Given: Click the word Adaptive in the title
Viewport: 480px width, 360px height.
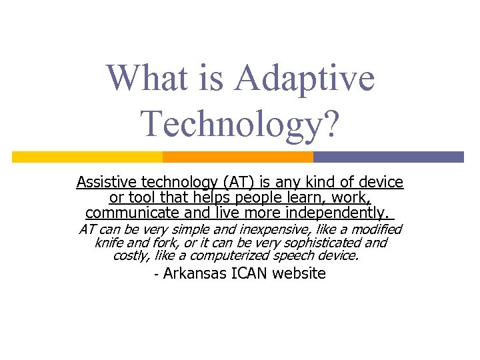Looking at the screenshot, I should coord(305,78).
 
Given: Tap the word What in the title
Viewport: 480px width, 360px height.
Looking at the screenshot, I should coord(141,78).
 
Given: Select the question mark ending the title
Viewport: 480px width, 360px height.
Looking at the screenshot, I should coord(331,123).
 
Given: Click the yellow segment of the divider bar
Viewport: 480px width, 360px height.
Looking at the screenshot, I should coord(87,157).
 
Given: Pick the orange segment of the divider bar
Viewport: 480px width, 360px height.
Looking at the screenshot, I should coord(238,157).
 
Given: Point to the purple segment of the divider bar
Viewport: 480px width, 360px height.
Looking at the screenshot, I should coord(388,157).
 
